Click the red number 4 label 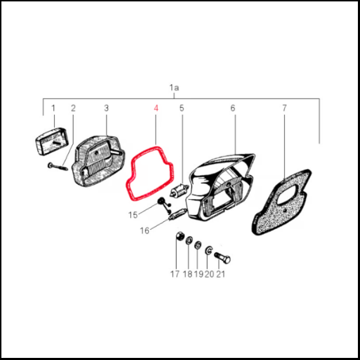click(x=156, y=108)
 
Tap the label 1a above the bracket click(x=174, y=88)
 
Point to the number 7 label click(x=284, y=108)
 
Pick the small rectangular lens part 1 click(x=51, y=141)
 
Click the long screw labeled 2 click(x=58, y=167)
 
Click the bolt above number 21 click(x=222, y=257)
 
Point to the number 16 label click(x=144, y=231)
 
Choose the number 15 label click(x=133, y=215)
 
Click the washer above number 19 click(x=198, y=245)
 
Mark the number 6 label click(x=233, y=108)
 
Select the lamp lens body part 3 click(x=97, y=161)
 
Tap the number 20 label click(x=210, y=274)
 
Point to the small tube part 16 click(x=178, y=214)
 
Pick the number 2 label click(x=73, y=108)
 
